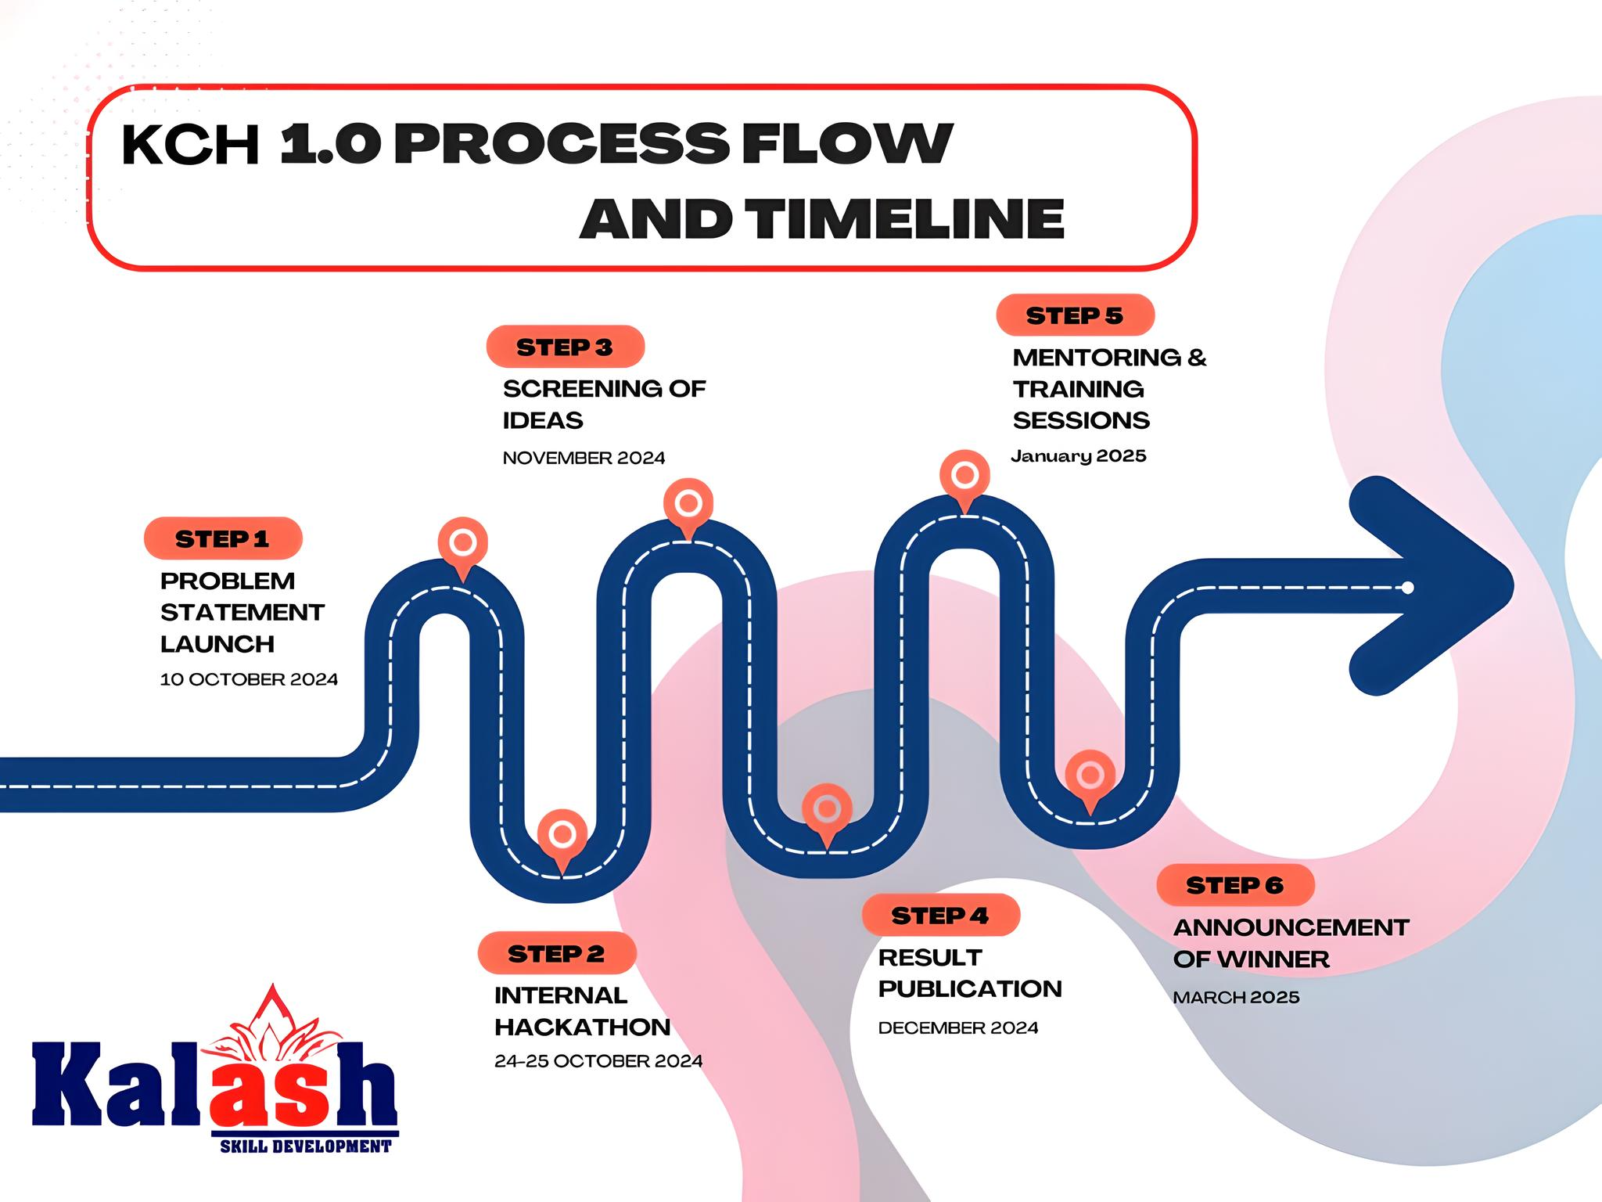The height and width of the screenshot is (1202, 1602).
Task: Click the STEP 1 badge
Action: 223,538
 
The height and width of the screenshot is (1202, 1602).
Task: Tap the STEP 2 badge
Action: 557,953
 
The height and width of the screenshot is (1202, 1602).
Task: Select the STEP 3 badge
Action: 565,347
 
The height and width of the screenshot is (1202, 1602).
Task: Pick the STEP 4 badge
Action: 941,915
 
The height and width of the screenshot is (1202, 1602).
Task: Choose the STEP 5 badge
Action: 1076,315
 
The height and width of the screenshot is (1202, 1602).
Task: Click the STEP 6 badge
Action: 1235,885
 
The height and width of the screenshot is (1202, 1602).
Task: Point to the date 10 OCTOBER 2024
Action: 249,679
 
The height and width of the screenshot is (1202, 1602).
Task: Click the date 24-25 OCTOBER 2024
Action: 598,1061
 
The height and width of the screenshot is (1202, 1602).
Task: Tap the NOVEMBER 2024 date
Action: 584,458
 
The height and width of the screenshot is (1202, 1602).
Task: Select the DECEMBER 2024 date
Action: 958,1027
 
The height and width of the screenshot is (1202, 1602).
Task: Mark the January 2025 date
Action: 1079,456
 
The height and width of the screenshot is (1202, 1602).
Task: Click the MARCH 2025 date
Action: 1237,997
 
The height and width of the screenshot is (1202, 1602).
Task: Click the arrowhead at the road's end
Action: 1447,586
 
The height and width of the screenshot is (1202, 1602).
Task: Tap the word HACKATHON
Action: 583,1027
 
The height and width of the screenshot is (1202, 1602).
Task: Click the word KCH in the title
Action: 190,145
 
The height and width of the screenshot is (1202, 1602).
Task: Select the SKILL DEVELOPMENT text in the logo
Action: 306,1146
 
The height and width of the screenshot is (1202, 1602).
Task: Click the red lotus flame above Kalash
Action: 270,1021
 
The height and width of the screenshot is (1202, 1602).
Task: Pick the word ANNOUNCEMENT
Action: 1291,927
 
